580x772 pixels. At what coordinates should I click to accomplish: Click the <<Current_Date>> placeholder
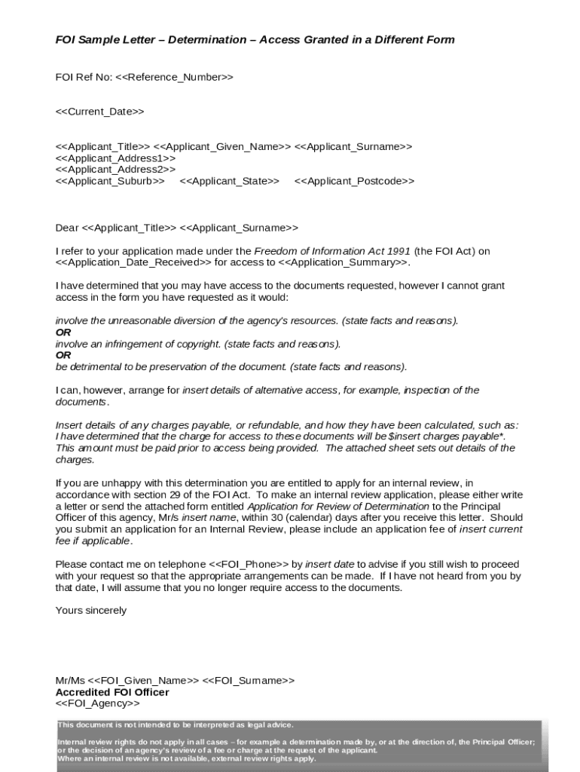[x=99, y=112]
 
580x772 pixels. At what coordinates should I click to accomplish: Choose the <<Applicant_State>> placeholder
[x=229, y=181]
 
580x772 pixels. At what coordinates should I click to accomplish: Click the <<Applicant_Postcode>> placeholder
[x=354, y=181]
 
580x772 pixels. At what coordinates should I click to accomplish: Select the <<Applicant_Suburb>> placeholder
[x=110, y=181]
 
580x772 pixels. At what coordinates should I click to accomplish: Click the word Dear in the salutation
[x=67, y=228]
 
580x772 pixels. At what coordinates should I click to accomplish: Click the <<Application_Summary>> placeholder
[x=343, y=262]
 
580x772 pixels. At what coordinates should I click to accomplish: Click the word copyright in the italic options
[x=198, y=344]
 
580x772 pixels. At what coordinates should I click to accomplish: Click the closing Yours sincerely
[x=91, y=610]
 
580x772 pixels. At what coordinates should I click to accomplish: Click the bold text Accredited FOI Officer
[x=112, y=692]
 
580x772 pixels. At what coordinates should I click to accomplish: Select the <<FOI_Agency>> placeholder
[x=98, y=703]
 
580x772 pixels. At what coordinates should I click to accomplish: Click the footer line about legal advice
[x=176, y=725]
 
